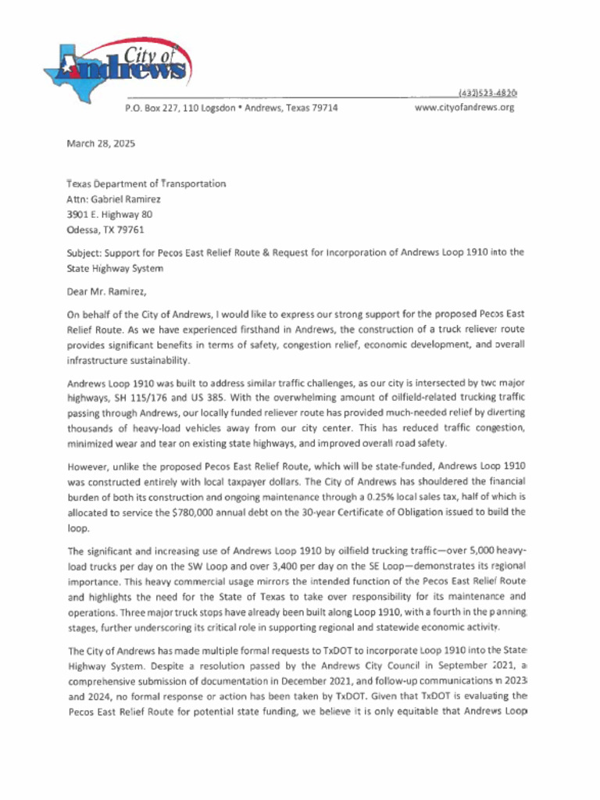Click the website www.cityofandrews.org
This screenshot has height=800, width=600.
pyautogui.click(x=464, y=108)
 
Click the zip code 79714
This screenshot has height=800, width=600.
pyautogui.click(x=323, y=108)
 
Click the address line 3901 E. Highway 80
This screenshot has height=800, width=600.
pyautogui.click(x=109, y=214)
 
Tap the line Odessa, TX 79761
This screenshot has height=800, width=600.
pyautogui.click(x=105, y=230)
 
